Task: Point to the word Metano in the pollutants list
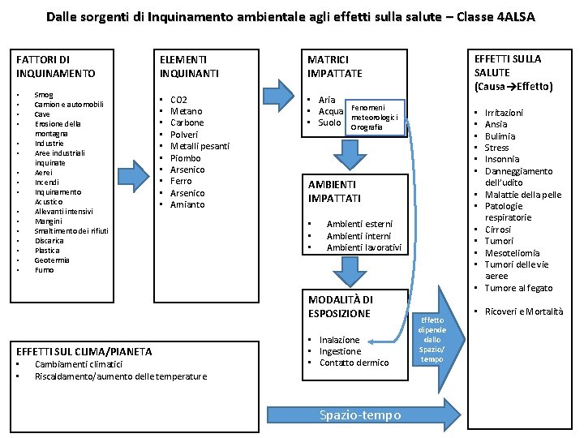[x=187, y=111]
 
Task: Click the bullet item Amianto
[x=187, y=204]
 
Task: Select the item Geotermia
[x=52, y=260]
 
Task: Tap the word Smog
[x=44, y=95]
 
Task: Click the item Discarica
[x=49, y=241]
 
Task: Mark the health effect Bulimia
[x=500, y=136]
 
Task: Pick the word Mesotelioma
[x=512, y=253]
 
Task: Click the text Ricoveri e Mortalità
[x=523, y=312]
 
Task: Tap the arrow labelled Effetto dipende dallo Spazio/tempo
[x=432, y=339]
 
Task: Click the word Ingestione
[x=340, y=351]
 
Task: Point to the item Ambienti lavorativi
[x=363, y=247]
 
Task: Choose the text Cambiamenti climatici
[x=79, y=364]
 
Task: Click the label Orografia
[x=366, y=127]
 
